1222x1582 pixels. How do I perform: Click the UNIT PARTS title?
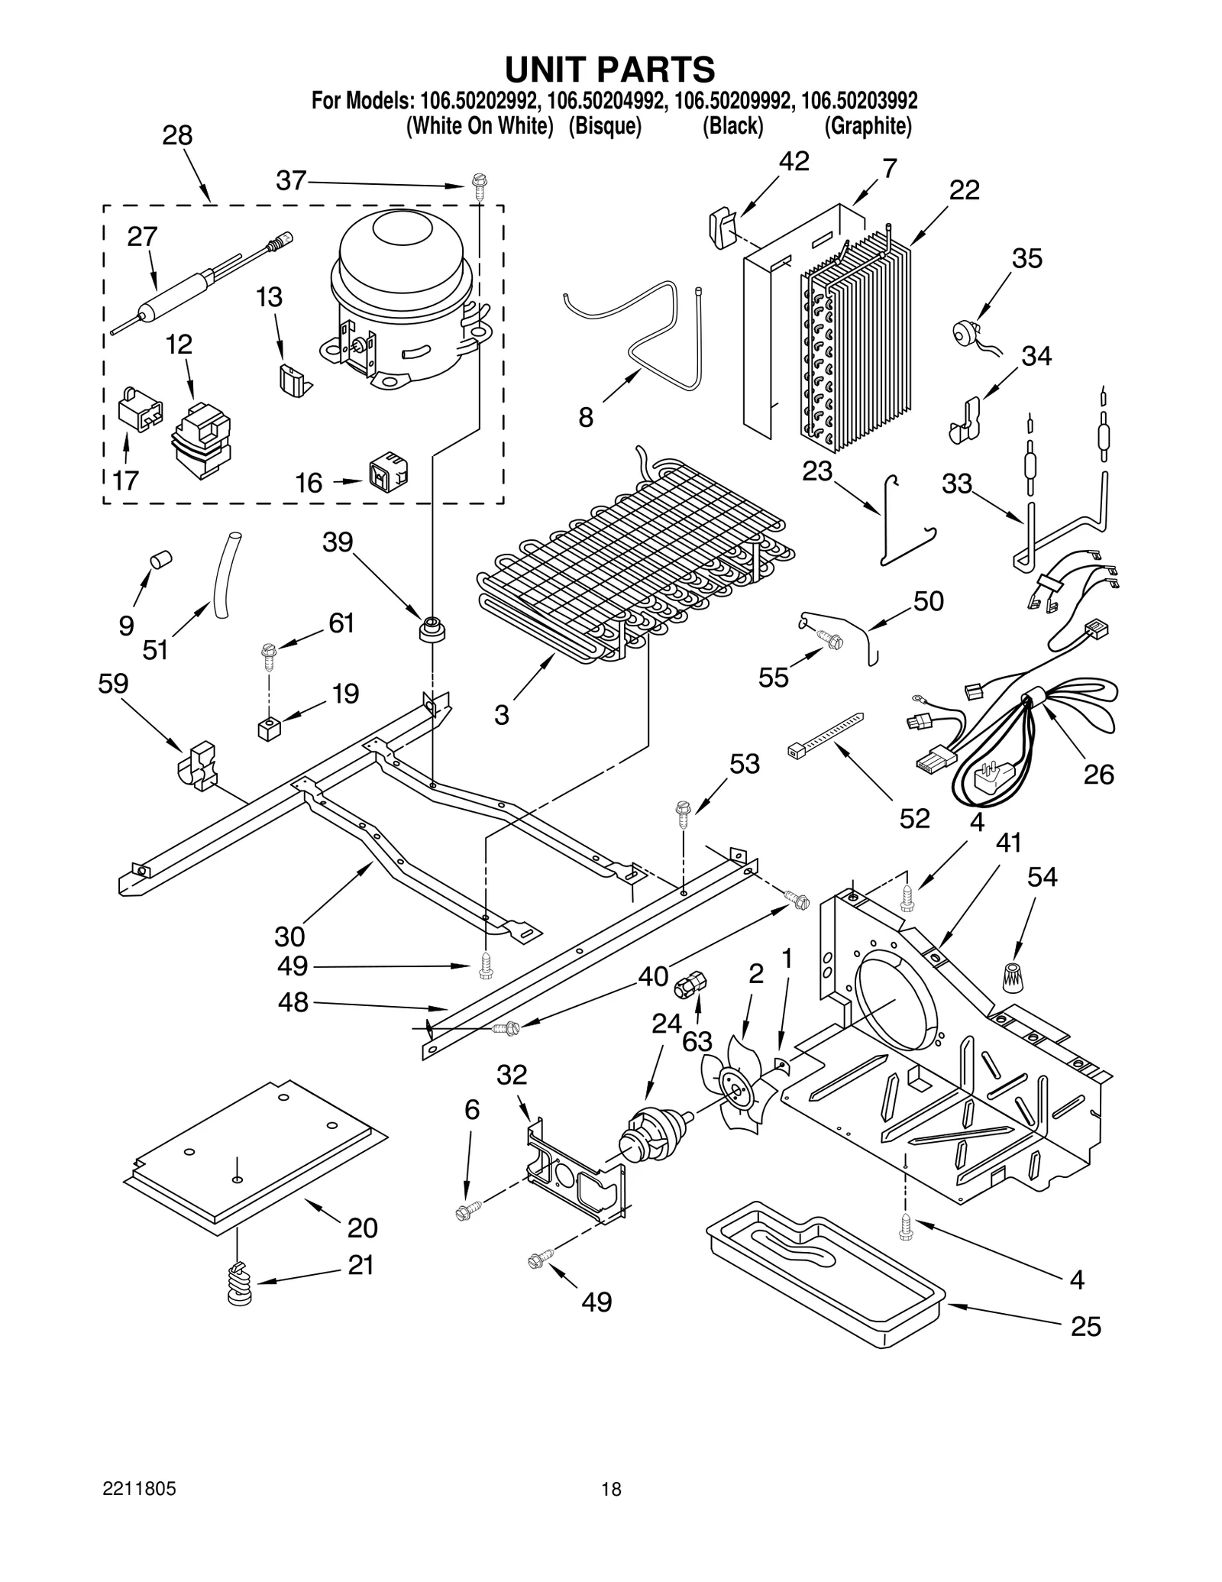609,70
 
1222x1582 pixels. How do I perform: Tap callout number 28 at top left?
177,136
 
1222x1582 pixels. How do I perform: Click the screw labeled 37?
479,186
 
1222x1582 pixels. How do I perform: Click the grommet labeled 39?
432,629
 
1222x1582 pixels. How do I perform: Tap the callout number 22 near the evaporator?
964,190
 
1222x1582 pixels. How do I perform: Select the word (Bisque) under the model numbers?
604,127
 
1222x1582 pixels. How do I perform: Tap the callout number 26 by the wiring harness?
1098,775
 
